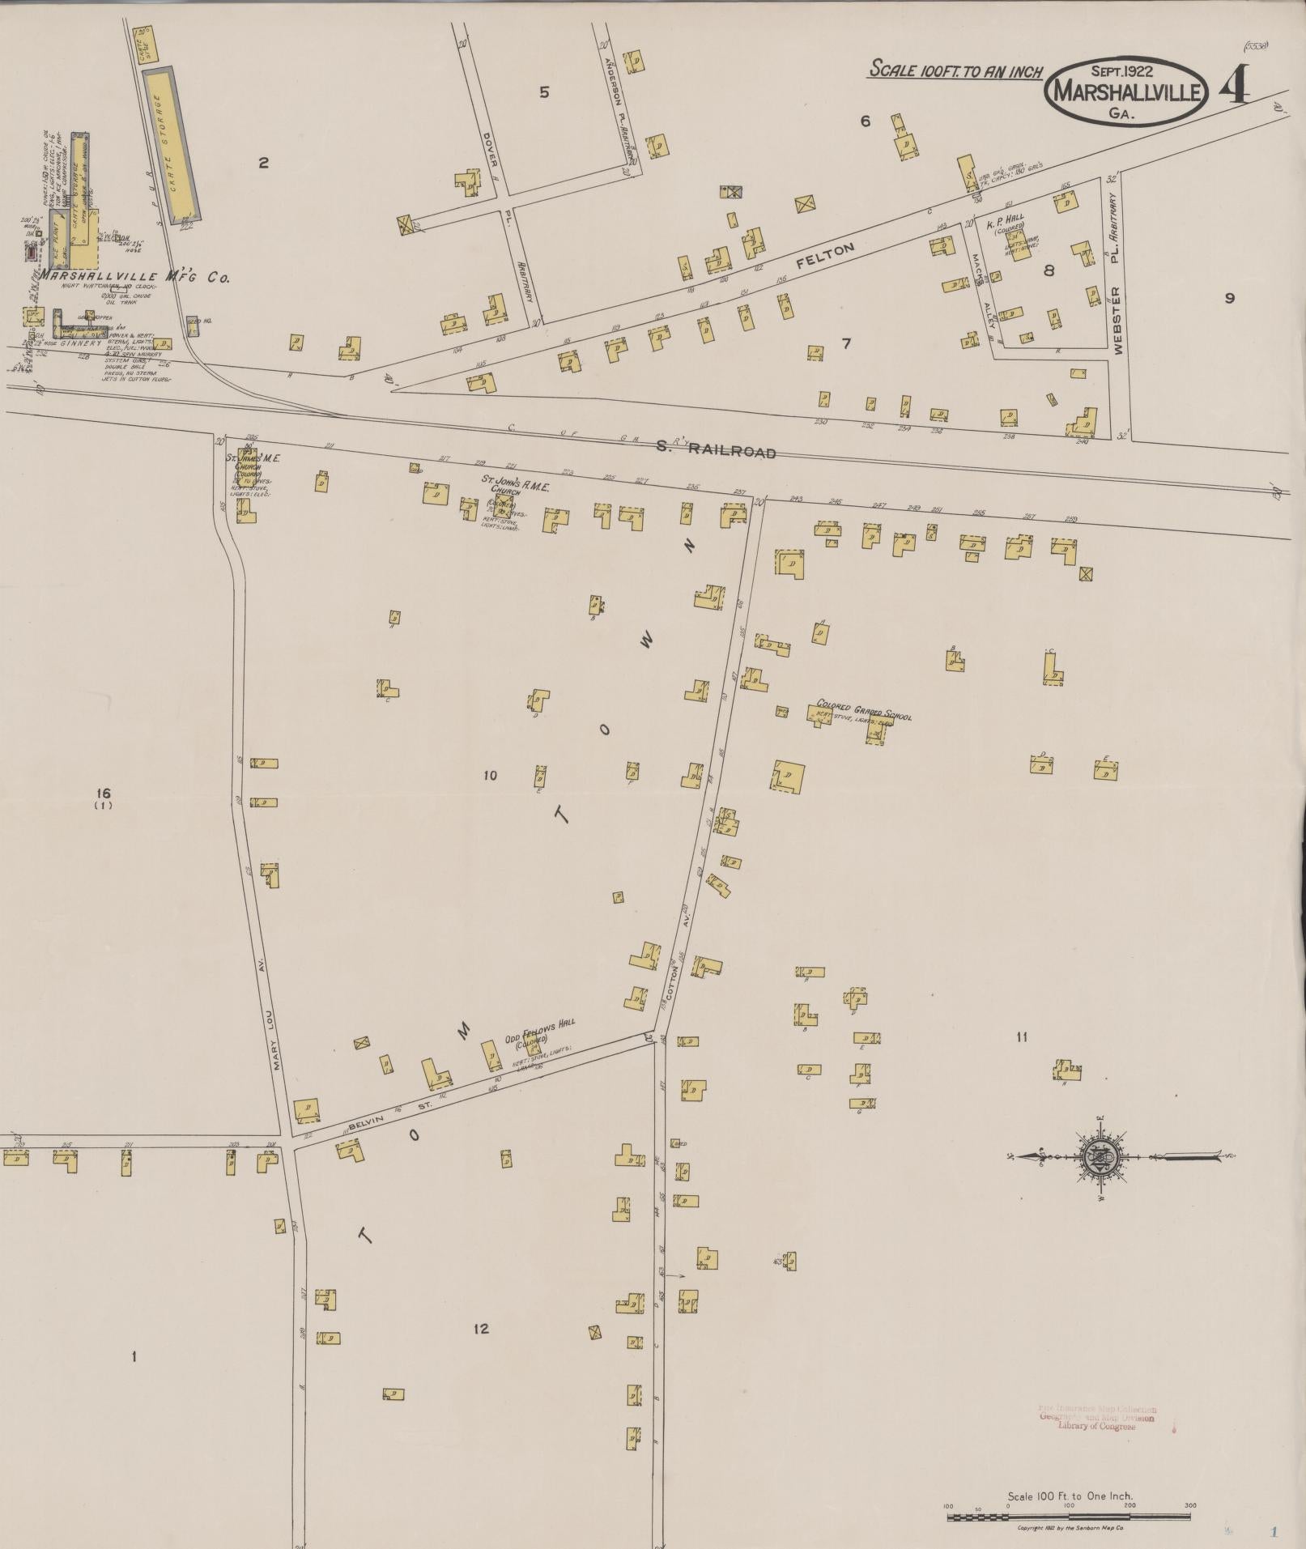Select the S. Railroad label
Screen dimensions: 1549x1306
click(725, 450)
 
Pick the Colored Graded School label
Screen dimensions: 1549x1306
click(864, 710)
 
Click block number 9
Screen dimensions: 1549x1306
click(1229, 298)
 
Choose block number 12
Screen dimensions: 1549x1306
click(481, 1329)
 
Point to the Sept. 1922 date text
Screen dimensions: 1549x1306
click(1126, 70)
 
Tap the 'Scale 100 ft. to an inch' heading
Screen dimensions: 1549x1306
click(955, 71)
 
